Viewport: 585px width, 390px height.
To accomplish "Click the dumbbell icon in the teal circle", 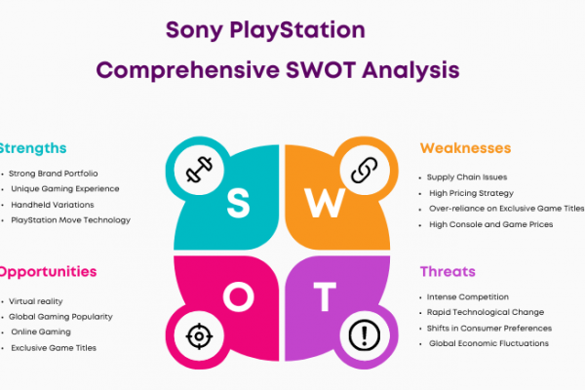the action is (199, 170).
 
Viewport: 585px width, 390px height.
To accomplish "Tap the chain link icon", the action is (365, 170).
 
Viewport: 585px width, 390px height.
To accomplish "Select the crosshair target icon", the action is (199, 336).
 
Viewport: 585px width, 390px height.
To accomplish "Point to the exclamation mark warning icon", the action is (365, 335).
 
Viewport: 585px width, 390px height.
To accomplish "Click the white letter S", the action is (238, 203).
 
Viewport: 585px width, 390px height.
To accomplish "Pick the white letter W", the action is (325, 203).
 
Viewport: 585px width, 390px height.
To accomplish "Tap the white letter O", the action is (239, 296).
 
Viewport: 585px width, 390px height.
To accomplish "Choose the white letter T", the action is (325, 296).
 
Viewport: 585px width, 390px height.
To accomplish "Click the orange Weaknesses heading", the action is (466, 148).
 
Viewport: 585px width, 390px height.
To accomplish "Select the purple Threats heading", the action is (448, 271).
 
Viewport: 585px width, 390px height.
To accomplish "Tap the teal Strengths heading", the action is (33, 148).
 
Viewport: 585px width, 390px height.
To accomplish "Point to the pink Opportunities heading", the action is (48, 272).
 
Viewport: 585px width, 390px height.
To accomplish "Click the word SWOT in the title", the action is (321, 70).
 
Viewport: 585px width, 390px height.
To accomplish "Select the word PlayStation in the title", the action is (297, 30).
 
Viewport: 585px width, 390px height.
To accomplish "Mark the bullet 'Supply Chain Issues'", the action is (467, 177).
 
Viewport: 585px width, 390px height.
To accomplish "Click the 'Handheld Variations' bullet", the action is (53, 205).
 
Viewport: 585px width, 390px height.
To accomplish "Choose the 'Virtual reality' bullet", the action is (35, 301).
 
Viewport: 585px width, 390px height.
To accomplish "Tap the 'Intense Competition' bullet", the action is (467, 297).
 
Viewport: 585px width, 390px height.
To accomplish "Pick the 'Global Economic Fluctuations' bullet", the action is (488, 343).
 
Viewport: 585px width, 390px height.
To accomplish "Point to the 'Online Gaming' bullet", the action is (41, 332).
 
